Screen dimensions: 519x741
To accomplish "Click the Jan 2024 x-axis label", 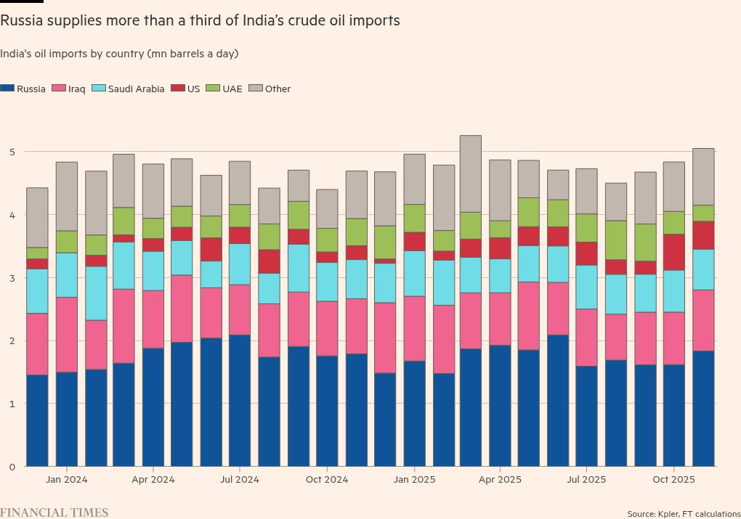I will [x=66, y=480].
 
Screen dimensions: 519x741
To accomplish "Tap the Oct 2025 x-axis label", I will [x=674, y=480].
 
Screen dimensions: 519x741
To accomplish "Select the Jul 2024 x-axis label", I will [x=240, y=480].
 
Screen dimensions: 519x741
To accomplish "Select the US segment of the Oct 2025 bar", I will [x=674, y=252].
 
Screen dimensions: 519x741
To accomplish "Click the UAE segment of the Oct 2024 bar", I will [x=327, y=240].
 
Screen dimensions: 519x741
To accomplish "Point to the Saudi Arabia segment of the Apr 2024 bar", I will [x=153, y=271].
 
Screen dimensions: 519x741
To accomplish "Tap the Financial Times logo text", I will [x=54, y=512].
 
